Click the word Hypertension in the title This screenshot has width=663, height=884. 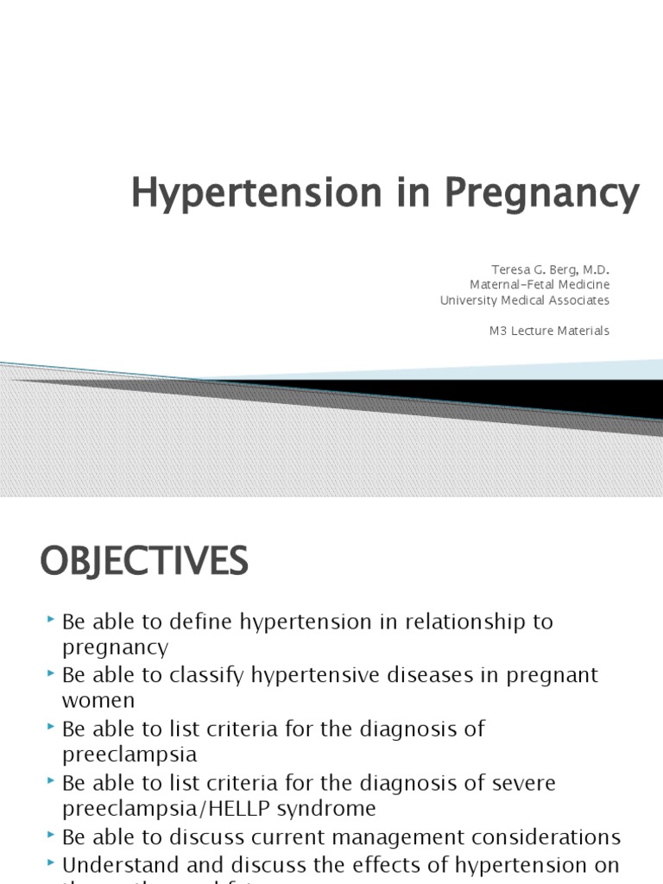click(244, 193)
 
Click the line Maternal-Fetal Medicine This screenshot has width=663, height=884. click(540, 284)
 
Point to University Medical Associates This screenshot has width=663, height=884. click(524, 300)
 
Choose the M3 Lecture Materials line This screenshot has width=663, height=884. click(549, 331)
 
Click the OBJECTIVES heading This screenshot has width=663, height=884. click(144, 562)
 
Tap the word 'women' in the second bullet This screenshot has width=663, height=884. click(98, 701)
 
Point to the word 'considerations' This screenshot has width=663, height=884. click(550, 837)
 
